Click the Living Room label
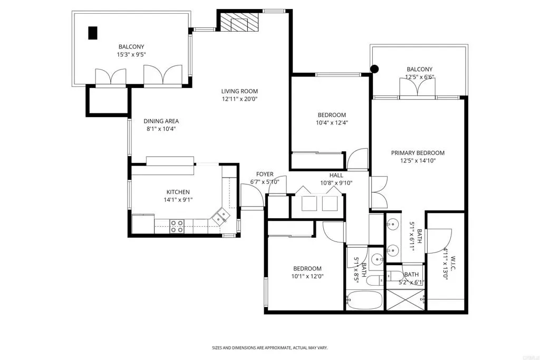click(x=239, y=91)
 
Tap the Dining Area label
click(x=161, y=121)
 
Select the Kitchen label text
click(x=178, y=192)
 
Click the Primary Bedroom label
click(x=418, y=153)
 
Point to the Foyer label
click(x=265, y=174)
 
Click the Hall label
click(x=336, y=175)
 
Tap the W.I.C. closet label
click(x=453, y=264)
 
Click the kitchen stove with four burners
click(x=177, y=227)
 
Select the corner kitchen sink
click(x=221, y=217)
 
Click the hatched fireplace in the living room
click(x=239, y=23)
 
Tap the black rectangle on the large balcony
click(x=93, y=33)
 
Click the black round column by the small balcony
click(x=374, y=69)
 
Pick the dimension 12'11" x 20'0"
click(x=240, y=99)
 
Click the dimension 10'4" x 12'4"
click(x=332, y=122)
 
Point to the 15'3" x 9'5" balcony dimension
click(x=131, y=54)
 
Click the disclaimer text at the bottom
click(x=269, y=348)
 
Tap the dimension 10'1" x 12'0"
click(x=307, y=276)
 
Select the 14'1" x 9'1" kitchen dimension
click(x=178, y=200)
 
